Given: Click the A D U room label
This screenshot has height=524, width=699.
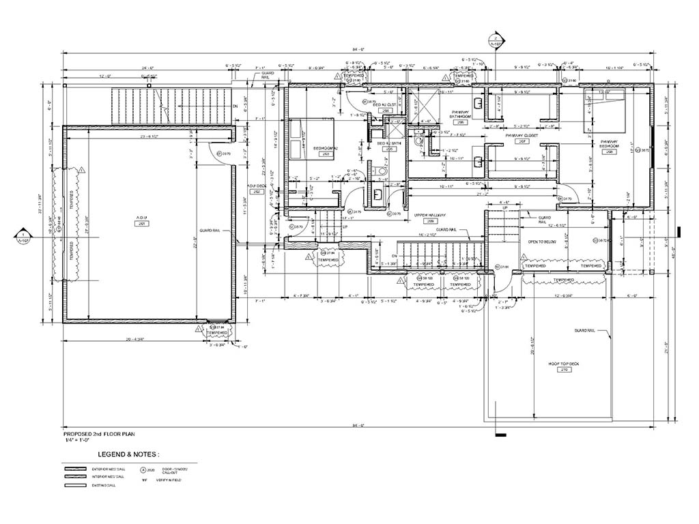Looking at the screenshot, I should click(x=143, y=218).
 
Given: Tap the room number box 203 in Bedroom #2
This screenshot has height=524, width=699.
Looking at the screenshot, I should click(x=325, y=154).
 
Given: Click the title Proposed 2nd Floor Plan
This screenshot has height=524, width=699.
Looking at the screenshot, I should click(x=99, y=434).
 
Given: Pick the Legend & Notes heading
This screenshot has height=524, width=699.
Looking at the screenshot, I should click(x=128, y=453).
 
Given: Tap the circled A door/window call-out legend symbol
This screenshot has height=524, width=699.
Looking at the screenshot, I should click(x=144, y=470).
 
